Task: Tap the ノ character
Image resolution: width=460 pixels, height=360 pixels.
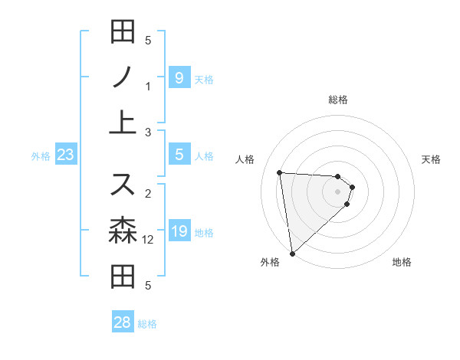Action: pos(123,76)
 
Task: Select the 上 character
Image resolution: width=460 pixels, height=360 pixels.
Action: pos(123,123)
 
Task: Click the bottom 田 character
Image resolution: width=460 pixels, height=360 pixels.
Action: pos(123,277)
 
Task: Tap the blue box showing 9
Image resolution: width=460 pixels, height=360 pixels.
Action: pos(179,77)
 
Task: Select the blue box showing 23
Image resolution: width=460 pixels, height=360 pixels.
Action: pos(65,155)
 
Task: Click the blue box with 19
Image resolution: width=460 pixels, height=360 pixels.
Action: pos(179,231)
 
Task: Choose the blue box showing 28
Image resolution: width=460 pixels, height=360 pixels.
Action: pos(123,322)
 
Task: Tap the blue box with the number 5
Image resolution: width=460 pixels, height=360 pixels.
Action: pos(179,155)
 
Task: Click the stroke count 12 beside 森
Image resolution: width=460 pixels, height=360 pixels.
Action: pos(149,240)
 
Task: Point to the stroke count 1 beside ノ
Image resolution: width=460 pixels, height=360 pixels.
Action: pos(148,86)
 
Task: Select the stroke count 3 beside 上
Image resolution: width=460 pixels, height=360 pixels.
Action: pos(148,133)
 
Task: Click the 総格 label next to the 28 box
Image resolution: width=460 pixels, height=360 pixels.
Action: pos(147,324)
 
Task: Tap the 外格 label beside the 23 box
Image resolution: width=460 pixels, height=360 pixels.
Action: pos(41,156)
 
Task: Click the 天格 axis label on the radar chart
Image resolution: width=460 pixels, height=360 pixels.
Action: pos(432,159)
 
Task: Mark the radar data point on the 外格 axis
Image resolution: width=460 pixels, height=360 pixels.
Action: pos(292,253)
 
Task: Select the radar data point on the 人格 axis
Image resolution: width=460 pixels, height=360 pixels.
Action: pos(280,172)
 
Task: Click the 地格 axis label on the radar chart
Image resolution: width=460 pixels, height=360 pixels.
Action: pos(402,262)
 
